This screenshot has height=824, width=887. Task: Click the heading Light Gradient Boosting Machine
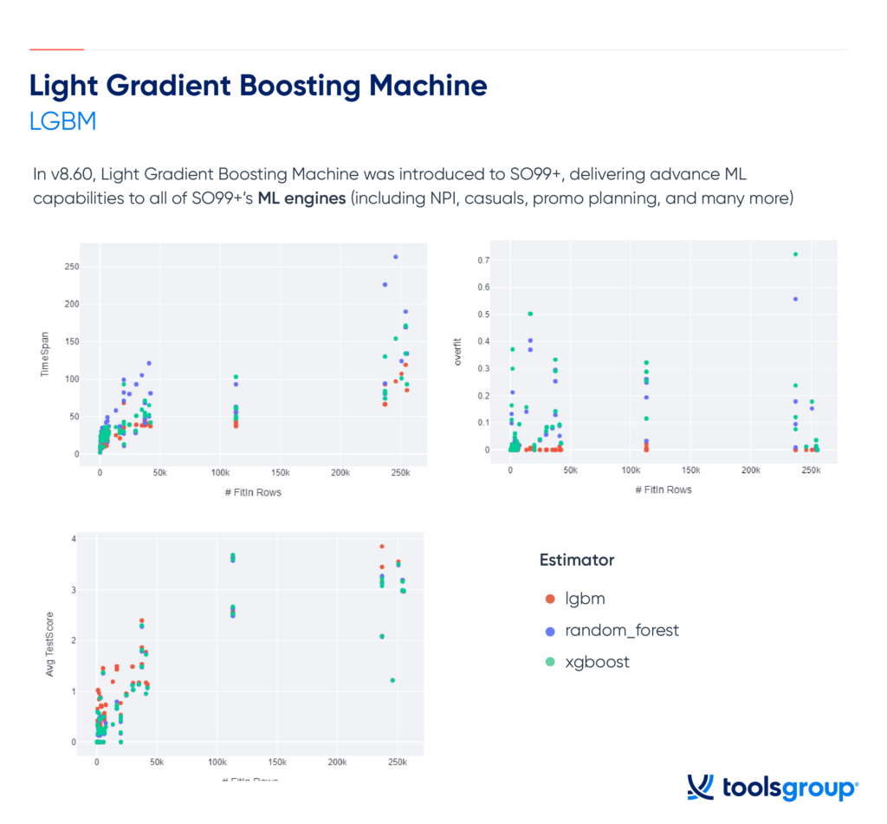point(258,85)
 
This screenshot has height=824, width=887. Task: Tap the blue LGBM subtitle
point(62,120)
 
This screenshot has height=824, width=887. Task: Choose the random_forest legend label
point(621,630)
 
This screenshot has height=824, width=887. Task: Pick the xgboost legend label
point(597,662)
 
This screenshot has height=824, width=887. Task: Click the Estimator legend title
point(576,560)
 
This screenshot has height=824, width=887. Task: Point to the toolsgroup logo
point(772,788)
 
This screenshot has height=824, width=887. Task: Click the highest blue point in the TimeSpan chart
point(396,256)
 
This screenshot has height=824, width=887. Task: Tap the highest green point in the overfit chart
point(795,254)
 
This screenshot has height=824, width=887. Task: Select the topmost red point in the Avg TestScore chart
point(381,546)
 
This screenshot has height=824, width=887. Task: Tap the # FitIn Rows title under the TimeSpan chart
point(249,492)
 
